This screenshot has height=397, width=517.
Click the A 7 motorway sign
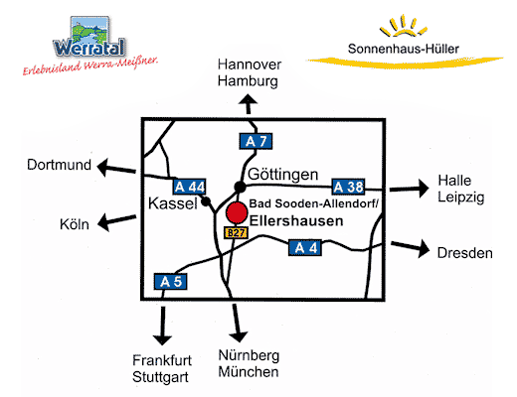[256, 141]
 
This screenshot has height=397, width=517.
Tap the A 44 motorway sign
[189, 187]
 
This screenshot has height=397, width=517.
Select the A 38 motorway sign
[348, 187]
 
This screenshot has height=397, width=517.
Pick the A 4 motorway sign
[305, 248]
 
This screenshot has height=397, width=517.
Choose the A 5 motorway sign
[171, 282]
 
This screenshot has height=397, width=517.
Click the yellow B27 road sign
[236, 233]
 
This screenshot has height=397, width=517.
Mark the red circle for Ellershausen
[237, 212]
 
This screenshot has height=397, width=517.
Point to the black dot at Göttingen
[240, 187]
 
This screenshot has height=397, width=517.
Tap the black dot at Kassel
[206, 201]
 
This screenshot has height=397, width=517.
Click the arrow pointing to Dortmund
[116, 168]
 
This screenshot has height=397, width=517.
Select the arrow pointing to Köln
[117, 221]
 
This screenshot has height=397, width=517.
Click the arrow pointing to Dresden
[411, 247]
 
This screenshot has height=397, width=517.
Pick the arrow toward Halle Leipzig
[410, 189]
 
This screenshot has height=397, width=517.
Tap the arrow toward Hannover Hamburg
[249, 104]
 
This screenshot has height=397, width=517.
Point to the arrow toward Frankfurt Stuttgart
[162, 326]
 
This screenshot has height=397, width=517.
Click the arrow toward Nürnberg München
[237, 323]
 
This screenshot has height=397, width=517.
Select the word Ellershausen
[296, 221]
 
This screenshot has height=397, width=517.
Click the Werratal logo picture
[89, 37]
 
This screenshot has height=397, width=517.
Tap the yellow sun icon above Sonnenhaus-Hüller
[404, 26]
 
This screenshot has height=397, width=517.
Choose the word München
[249, 372]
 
